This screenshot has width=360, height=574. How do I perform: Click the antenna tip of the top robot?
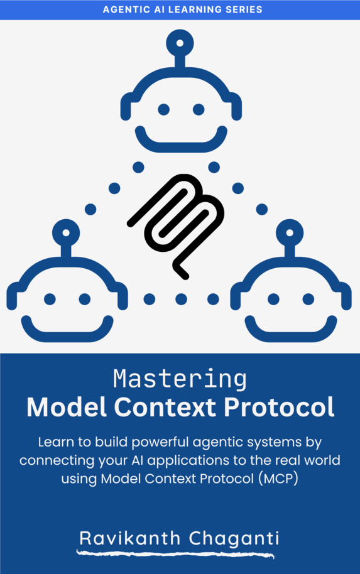tap(180, 43)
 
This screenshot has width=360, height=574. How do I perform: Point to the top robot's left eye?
tap(163, 110)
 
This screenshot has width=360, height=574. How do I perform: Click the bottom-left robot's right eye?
tap(84, 299)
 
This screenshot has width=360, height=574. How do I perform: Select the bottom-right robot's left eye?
tap(273, 299)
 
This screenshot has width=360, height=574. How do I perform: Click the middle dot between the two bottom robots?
tap(181, 299)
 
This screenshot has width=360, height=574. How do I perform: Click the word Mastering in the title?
tap(180, 380)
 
